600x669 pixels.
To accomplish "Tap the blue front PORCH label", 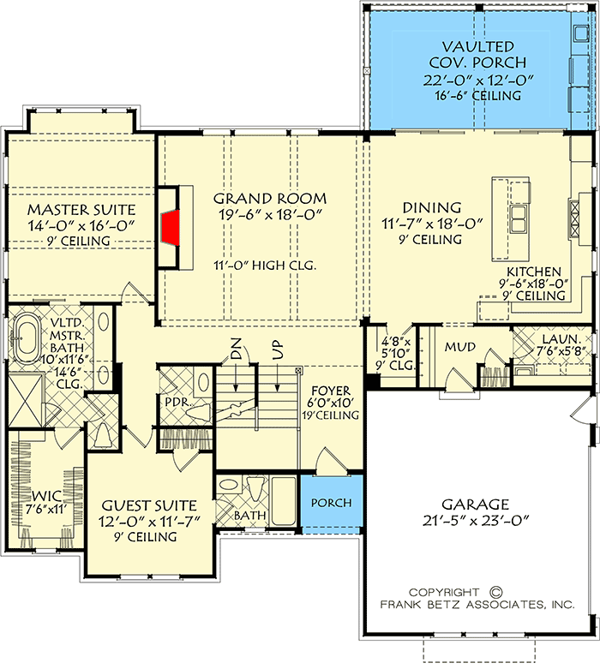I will (330, 503).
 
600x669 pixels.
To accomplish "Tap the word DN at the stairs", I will (237, 349).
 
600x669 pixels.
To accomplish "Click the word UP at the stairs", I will (277, 349).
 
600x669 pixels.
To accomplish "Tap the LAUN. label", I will (549, 341).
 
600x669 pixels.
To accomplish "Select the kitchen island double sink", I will (519, 218).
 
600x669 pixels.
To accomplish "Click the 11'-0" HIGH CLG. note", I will (265, 266).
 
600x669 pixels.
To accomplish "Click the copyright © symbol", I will (494, 592).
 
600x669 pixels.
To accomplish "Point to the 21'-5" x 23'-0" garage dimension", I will (476, 519).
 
